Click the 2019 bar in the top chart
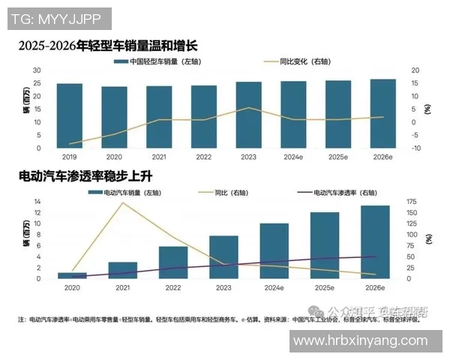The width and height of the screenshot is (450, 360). click(x=69, y=115)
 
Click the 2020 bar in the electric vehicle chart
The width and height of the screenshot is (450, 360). click(x=72, y=275)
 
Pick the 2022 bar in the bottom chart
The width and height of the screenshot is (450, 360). click(x=173, y=262)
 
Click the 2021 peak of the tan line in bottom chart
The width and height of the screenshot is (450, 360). click(x=123, y=203)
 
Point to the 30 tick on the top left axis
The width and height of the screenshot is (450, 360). click(x=36, y=70)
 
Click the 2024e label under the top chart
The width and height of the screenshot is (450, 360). click(x=292, y=157)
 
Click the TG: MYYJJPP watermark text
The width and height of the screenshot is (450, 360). click(x=60, y=19)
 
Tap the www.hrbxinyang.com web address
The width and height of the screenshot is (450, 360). click(x=366, y=341)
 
